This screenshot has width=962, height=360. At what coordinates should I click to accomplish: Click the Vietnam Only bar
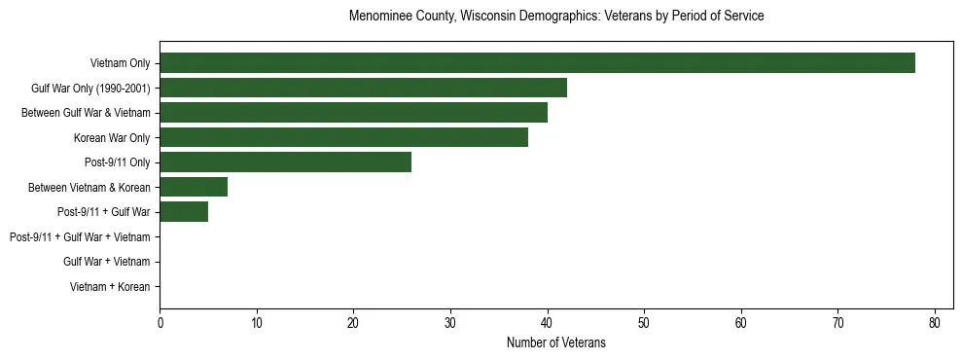(x=537, y=63)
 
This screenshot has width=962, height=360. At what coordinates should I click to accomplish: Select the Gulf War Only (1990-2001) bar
(x=363, y=89)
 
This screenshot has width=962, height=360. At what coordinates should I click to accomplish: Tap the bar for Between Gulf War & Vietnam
(x=353, y=113)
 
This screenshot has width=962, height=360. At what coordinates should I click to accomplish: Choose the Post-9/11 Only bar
(x=285, y=162)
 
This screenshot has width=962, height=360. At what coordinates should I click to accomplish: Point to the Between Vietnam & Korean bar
(x=194, y=188)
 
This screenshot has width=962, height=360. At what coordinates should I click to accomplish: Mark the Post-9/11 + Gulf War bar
(x=184, y=212)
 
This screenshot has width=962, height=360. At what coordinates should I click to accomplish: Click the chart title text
(x=555, y=17)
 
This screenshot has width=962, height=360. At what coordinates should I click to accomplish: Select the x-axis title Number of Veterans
(x=555, y=342)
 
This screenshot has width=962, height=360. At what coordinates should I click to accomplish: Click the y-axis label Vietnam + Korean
(x=110, y=287)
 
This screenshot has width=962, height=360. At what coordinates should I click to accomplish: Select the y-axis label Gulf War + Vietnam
(x=106, y=262)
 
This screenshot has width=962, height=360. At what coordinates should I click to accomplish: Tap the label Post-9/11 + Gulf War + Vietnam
(x=80, y=237)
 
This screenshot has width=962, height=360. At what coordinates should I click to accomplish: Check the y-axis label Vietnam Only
(x=120, y=63)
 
